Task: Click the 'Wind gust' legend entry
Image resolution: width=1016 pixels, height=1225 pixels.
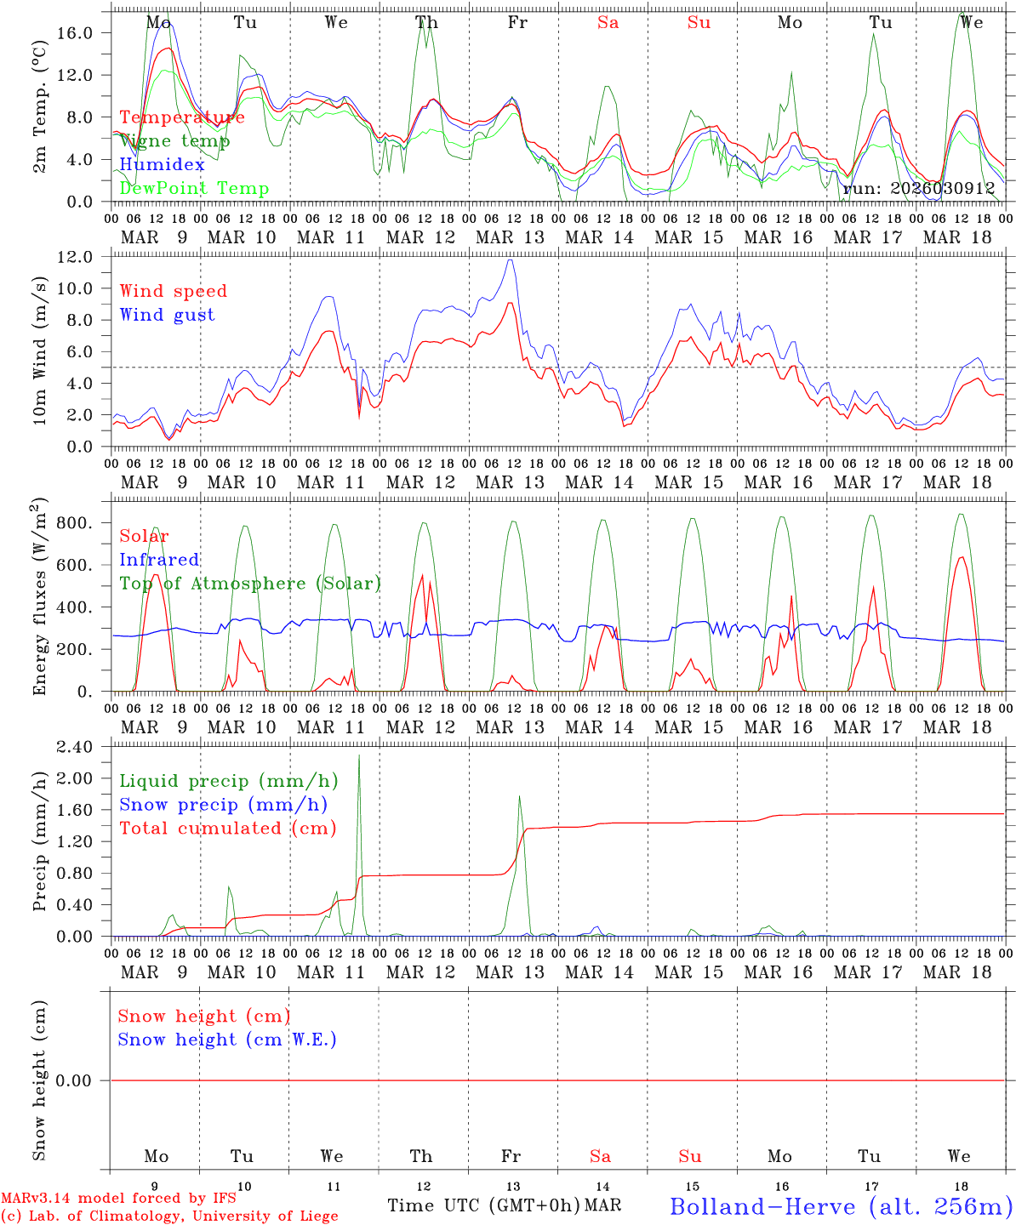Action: click(167, 315)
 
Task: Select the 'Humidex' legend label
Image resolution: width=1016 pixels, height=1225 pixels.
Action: click(162, 164)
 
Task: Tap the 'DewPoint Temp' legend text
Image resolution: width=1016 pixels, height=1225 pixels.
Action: click(194, 188)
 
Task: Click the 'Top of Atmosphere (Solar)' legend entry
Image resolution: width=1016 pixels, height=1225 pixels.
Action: click(249, 584)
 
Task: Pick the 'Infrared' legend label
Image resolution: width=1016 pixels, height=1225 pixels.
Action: click(159, 560)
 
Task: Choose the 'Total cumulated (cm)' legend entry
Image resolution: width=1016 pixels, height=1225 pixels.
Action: click(227, 828)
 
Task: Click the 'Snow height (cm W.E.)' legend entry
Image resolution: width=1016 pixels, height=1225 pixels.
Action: click(227, 1040)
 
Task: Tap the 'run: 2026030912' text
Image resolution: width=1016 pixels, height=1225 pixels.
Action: click(919, 188)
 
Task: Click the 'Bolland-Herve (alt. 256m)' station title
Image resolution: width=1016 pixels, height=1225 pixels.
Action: click(840, 1205)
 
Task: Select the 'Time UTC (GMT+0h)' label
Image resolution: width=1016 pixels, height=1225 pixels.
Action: click(483, 1205)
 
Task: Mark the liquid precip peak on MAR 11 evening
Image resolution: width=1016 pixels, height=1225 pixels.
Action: click(359, 755)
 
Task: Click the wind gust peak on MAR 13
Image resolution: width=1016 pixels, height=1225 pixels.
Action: click(511, 260)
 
